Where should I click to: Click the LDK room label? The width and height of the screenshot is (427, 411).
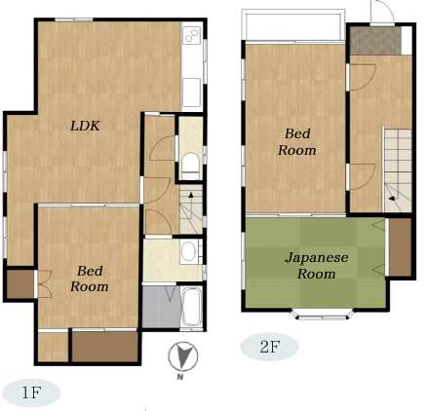(85, 126)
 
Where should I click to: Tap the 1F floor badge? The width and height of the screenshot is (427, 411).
(31, 392)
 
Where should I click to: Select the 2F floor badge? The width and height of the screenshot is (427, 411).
(269, 347)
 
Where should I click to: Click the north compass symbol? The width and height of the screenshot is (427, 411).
(183, 356)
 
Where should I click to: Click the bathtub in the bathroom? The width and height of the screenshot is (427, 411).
(191, 307)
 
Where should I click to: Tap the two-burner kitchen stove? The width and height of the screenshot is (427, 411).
(192, 35)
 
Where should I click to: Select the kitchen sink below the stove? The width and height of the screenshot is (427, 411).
(191, 93)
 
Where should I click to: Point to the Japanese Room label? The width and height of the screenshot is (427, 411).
(317, 266)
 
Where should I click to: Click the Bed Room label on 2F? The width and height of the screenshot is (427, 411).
(297, 142)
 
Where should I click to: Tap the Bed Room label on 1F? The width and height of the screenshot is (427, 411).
(90, 279)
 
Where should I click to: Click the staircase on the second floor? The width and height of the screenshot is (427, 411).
(398, 170)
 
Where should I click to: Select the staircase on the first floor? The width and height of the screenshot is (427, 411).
(191, 209)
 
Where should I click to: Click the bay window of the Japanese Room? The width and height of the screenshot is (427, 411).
(322, 315)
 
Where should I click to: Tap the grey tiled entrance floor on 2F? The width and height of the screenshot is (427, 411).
(375, 41)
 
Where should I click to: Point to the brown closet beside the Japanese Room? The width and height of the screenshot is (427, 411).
(401, 247)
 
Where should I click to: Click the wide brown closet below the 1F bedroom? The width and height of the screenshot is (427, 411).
(105, 347)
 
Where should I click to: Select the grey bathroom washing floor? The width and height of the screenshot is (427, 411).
(161, 307)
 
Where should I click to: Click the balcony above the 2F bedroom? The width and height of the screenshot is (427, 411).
(293, 25)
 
